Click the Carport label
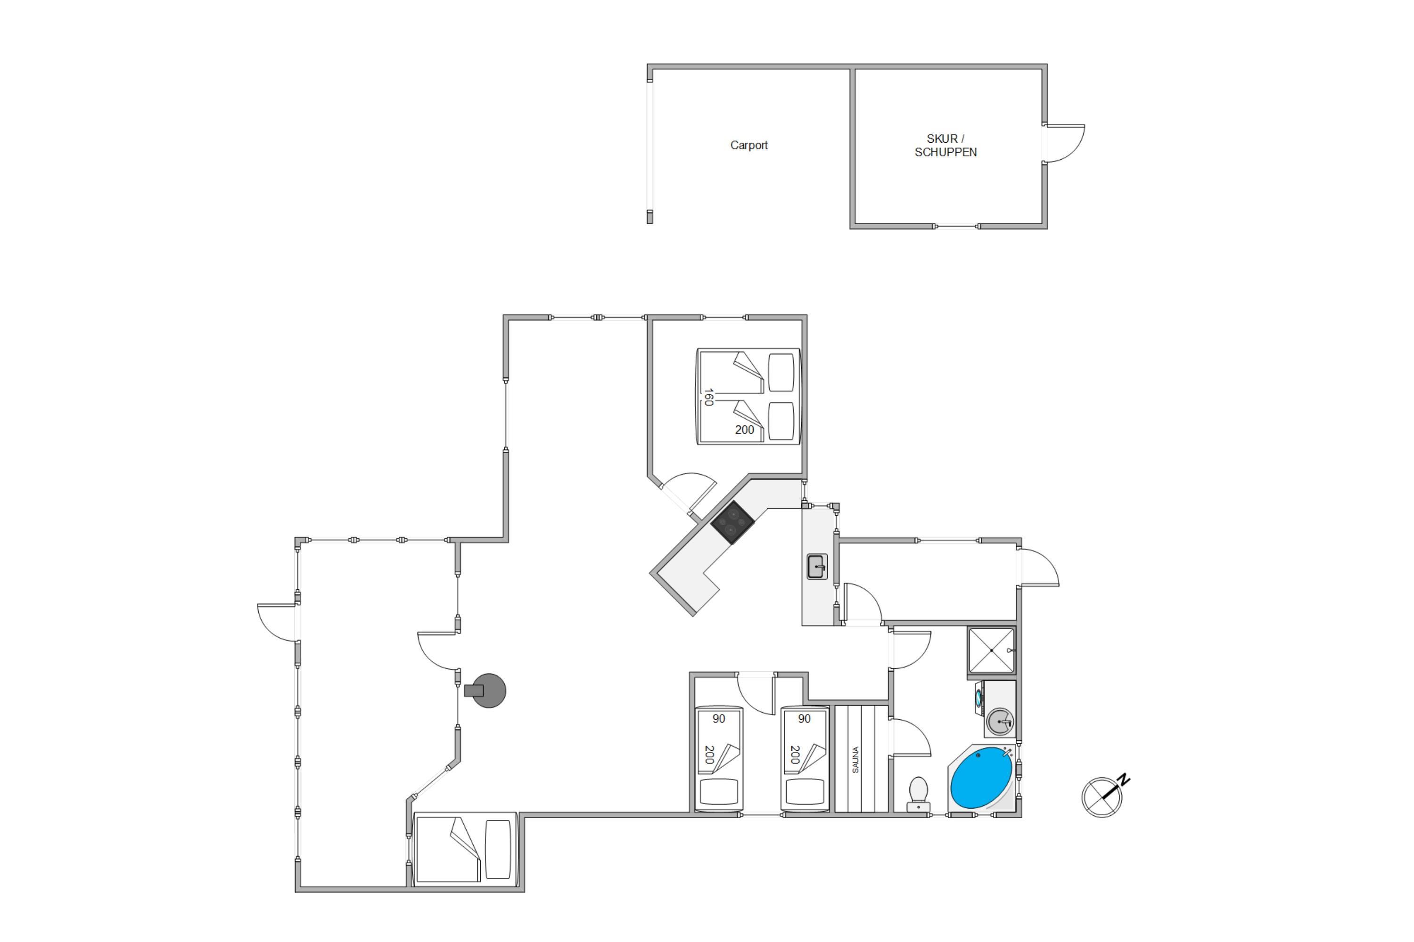pos(748,146)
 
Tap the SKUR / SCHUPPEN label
pos(945,146)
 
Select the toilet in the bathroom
pos(918,794)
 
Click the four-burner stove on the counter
pos(732,522)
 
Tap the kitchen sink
pos(816,567)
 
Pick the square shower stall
pos(991,650)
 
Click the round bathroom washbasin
pos(1000,721)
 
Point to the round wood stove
pos(486,691)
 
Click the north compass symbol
pos(1102,797)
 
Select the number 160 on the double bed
pos(709,397)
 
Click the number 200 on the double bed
pos(744,430)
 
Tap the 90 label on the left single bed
pos(719,719)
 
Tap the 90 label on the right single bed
pos(805,719)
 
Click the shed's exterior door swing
pos(1064,144)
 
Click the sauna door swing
pos(910,738)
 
